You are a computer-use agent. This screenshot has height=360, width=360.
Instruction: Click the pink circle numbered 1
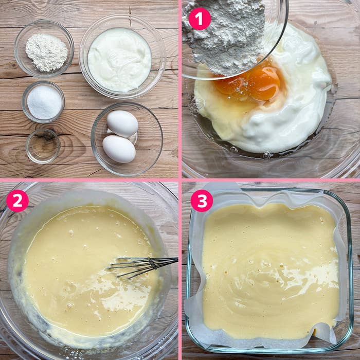(x=200, y=19)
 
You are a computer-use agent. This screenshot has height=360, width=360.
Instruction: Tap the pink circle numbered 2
(x=17, y=201)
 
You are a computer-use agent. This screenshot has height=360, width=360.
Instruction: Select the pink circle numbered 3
(x=202, y=201)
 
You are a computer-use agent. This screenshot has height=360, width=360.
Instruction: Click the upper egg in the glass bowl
(x=122, y=123)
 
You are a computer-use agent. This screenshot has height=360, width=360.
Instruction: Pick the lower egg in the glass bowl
(x=119, y=149)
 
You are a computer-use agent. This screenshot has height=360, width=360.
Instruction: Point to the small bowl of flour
(x=44, y=48)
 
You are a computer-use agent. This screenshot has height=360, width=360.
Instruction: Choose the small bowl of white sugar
(x=43, y=101)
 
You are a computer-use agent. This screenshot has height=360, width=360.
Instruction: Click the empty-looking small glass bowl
(x=43, y=146)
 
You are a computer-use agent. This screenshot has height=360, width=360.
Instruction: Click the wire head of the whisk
(x=131, y=267)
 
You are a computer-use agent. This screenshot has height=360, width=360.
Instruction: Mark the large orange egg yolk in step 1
(x=264, y=83)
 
